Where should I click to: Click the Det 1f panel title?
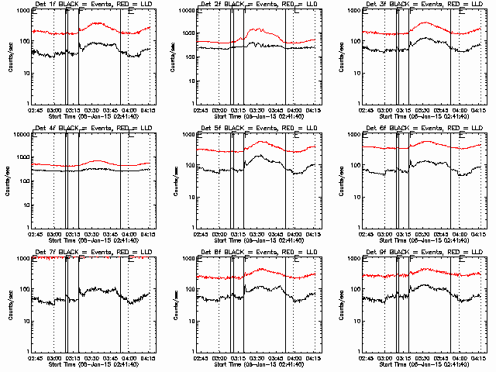(91, 4)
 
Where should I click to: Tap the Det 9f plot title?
(422, 252)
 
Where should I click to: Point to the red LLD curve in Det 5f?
(263, 143)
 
